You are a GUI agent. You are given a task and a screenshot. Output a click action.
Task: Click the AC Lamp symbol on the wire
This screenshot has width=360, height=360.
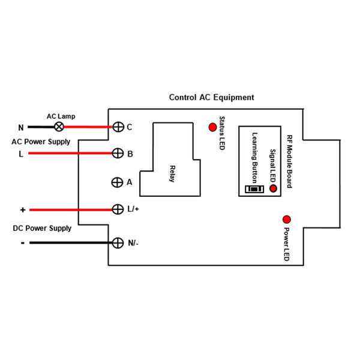pyautogui.click(x=59, y=127)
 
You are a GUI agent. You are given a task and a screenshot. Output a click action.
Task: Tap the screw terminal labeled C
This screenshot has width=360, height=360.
pyautogui.click(x=118, y=127)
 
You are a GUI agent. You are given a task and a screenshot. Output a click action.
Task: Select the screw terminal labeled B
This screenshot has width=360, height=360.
pyautogui.click(x=118, y=154)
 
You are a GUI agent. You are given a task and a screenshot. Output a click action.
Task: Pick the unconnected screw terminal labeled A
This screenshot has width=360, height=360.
pyautogui.click(x=118, y=182)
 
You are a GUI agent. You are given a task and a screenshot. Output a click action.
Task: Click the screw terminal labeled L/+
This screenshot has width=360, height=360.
pyautogui.click(x=118, y=209)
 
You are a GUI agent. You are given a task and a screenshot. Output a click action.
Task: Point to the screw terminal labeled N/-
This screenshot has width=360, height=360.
pyautogui.click(x=118, y=242)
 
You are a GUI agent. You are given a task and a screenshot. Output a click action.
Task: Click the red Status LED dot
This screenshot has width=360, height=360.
pyautogui.click(x=212, y=127)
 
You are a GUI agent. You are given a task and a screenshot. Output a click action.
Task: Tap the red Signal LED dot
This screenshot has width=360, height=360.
pyautogui.click(x=274, y=188)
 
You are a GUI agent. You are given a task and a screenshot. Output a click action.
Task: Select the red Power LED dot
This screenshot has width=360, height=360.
pyautogui.click(x=287, y=220)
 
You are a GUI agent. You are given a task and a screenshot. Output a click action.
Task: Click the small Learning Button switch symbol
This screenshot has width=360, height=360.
pyautogui.click(x=254, y=190)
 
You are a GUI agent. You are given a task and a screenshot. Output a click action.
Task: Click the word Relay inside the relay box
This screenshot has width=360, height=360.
pyautogui.click(x=173, y=173)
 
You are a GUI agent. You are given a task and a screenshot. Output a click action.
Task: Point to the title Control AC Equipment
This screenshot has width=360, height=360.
pyautogui.click(x=211, y=97)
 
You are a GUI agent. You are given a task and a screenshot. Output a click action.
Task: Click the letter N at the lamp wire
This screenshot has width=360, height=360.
pyautogui.click(x=21, y=127)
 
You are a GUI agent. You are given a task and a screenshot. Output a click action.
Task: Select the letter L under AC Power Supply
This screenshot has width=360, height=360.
pyautogui.click(x=22, y=154)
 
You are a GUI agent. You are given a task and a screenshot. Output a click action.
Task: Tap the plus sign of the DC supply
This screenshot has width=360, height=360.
pyautogui.click(x=23, y=210)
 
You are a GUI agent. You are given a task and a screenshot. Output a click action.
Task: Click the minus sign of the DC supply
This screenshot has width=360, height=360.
pyautogui.click(x=22, y=243)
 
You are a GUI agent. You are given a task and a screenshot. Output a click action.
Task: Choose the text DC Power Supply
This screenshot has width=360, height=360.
pyautogui.click(x=42, y=229)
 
